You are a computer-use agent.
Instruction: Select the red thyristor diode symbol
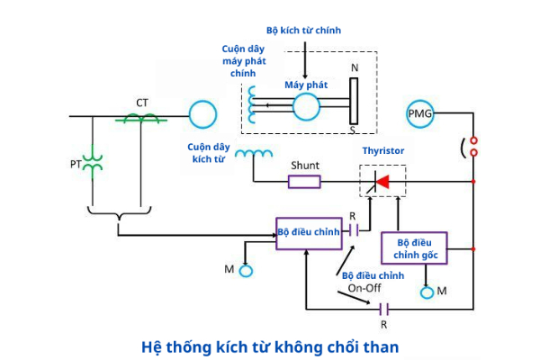point(382,183)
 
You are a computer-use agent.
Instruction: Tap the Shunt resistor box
point(304,182)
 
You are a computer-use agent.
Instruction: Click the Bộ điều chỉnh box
point(309,232)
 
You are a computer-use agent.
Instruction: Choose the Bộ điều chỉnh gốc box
point(414,248)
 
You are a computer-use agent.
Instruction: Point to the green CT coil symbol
point(141,117)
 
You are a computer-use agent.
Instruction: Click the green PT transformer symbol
point(93,164)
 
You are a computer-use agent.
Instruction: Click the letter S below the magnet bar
point(352,130)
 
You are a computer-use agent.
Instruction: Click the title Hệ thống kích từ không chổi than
point(269,346)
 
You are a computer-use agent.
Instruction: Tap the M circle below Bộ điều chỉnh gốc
point(427,292)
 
